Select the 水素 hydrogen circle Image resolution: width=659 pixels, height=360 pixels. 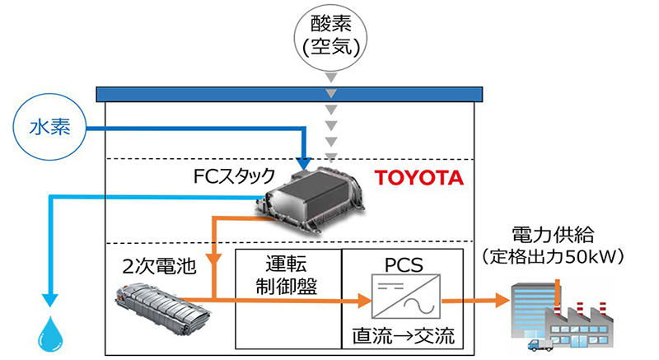[x=50, y=127]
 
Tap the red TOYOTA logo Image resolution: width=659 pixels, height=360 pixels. [x=418, y=178]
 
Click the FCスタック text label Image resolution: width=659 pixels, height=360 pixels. [x=234, y=176]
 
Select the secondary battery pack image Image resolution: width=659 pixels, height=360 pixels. [x=161, y=309]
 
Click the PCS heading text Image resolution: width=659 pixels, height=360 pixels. [x=404, y=264]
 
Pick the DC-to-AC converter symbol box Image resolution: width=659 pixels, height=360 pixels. [x=406, y=296]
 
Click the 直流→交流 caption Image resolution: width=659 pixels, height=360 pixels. [x=403, y=336]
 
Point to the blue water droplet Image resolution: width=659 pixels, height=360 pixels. [x=51, y=334]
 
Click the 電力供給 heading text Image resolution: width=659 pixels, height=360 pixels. [x=553, y=236]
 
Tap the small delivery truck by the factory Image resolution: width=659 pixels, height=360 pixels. [x=540, y=344]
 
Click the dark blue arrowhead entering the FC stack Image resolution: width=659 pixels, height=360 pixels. [x=303, y=163]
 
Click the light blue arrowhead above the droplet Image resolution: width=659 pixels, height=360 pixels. [x=50, y=300]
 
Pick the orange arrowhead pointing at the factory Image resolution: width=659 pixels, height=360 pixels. [x=502, y=300]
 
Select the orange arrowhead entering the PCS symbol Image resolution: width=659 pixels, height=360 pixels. [x=364, y=301]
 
